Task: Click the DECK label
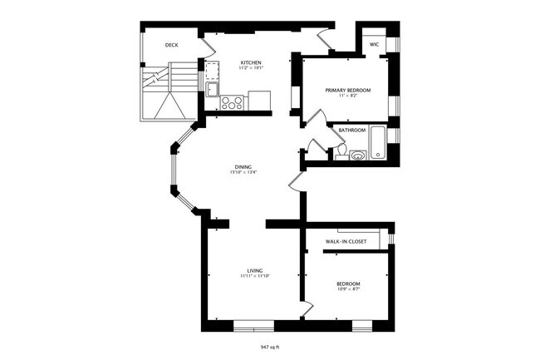point(171,45)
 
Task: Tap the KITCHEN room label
point(252,62)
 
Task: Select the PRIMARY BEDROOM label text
point(347,90)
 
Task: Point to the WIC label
point(374,45)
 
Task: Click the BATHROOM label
point(352,131)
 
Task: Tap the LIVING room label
point(253,271)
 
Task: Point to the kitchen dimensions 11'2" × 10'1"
point(252,69)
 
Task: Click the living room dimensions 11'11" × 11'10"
point(253,278)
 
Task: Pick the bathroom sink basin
point(357,154)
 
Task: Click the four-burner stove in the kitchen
point(232,103)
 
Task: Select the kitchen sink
point(213,89)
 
